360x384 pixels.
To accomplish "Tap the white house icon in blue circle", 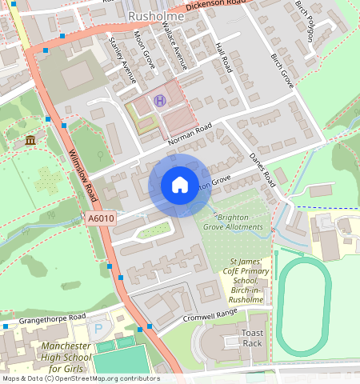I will coord(180,186).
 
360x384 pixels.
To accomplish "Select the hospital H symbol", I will coord(159,101).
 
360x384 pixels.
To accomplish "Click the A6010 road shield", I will coord(102,218).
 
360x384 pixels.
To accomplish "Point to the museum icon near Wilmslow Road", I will coord(30,142).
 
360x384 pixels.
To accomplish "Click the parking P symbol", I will coord(98,328).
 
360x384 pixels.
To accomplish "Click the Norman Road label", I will coord(190,134).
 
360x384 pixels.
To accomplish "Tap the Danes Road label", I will coord(262,166).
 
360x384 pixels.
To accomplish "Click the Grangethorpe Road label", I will coord(42,320).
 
